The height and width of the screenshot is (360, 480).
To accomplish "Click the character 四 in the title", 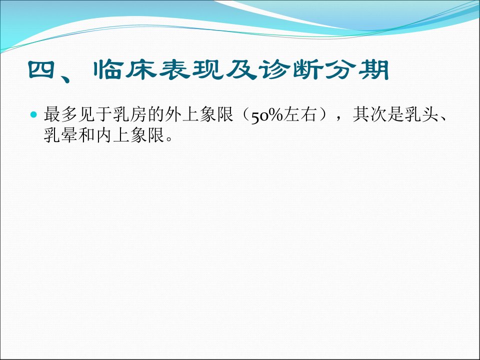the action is tap(41, 70).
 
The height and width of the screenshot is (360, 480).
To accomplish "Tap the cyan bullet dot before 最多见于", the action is tap(33, 115).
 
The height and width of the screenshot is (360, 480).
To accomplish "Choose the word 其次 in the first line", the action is tap(370, 114).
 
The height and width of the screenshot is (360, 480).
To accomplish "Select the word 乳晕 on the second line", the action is tap(61, 135).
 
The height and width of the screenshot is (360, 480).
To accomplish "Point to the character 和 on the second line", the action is tap(86, 135).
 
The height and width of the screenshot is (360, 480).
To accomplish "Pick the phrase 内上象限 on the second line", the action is tap(130, 135).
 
